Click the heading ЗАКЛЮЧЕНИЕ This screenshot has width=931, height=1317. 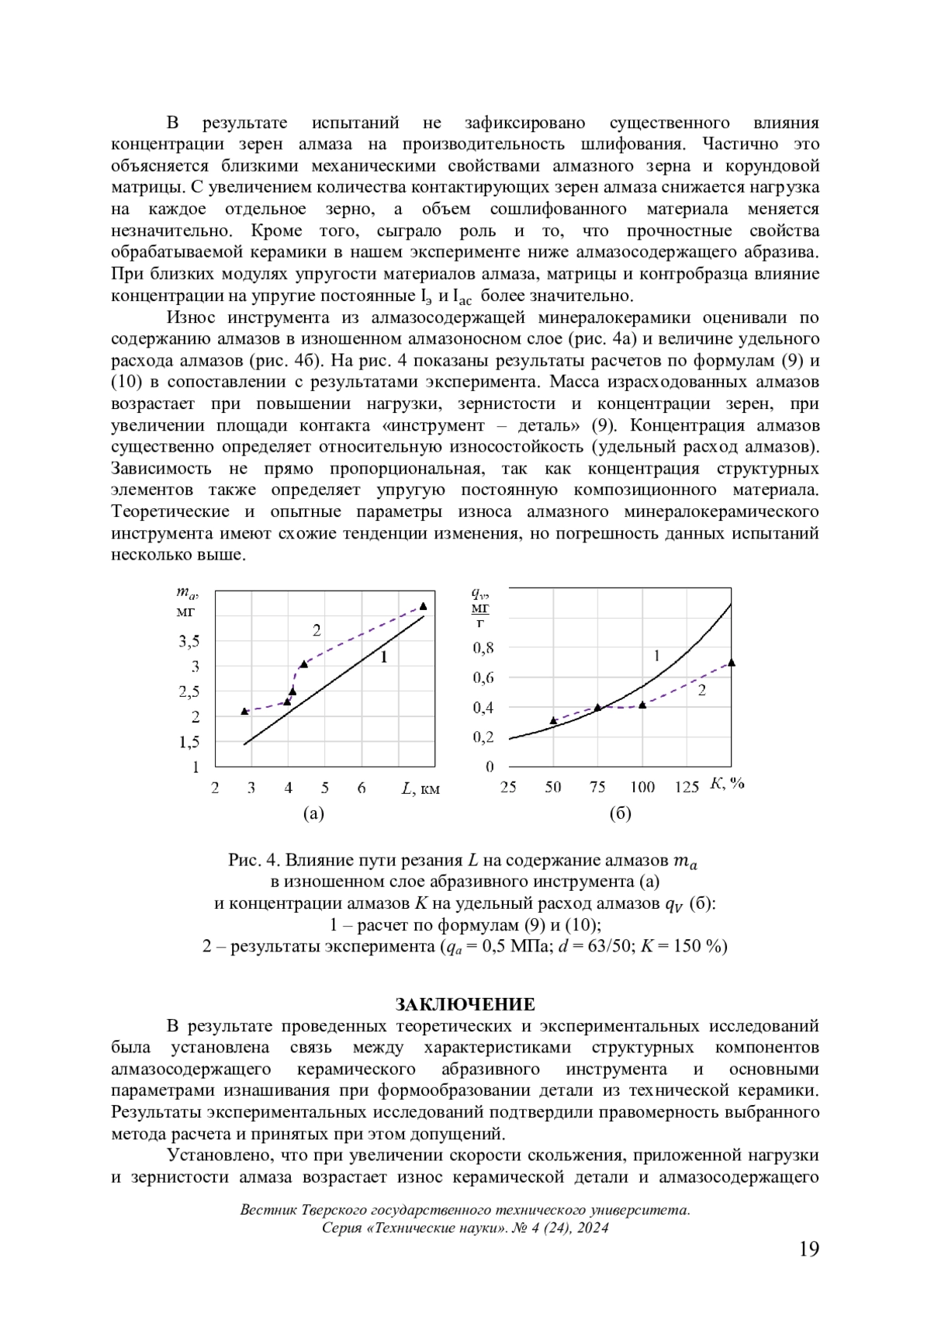click(465, 1004)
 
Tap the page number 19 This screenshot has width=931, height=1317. click(808, 1249)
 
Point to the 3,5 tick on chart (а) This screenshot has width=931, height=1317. click(189, 641)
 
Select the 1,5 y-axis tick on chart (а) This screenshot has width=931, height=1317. click(189, 742)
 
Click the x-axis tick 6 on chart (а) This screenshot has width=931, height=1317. click(362, 788)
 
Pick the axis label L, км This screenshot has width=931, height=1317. click(421, 788)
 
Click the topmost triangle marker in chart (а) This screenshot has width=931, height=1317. click(423, 606)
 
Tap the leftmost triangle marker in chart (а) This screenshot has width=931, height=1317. click(244, 711)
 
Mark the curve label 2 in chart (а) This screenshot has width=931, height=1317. click(317, 630)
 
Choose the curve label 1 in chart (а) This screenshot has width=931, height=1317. click(383, 657)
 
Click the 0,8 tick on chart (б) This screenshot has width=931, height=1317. click(484, 647)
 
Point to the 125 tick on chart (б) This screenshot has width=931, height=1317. click(687, 787)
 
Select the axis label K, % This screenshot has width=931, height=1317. click(727, 784)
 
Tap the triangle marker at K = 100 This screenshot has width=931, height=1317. click(642, 705)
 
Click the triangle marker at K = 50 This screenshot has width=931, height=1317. click(553, 720)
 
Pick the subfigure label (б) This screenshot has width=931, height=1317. click(621, 813)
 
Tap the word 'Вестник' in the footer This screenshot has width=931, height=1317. click(267, 1210)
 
